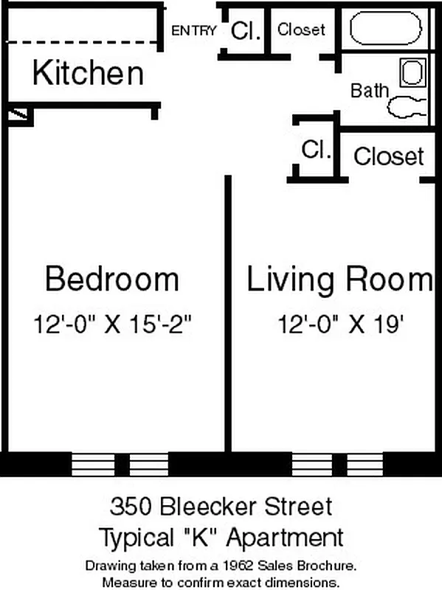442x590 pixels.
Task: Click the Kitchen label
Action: point(88,74)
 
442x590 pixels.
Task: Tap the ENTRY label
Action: point(193,31)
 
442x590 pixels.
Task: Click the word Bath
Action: point(369,91)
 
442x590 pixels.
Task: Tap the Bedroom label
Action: point(111,280)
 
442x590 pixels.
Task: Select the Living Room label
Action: point(339,280)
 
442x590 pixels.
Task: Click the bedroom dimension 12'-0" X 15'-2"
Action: point(117,323)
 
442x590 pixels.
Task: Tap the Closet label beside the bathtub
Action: point(301,30)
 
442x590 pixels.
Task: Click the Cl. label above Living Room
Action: point(315,150)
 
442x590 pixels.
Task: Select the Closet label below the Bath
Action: point(389,156)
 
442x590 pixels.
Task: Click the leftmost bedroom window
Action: point(90,464)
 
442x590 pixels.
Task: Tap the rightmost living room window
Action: point(363,464)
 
